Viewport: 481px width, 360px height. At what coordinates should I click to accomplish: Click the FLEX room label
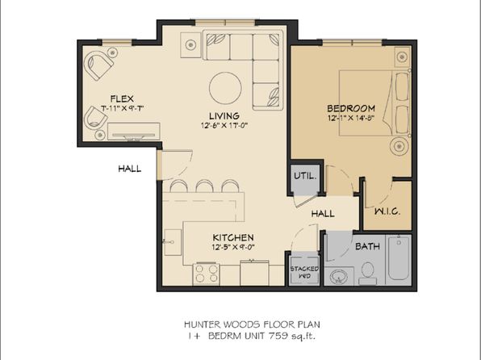pyautogui.click(x=123, y=97)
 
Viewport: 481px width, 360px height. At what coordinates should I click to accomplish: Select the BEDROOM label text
pyautogui.click(x=351, y=108)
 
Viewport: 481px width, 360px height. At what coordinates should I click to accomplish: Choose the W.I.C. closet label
pyautogui.click(x=387, y=211)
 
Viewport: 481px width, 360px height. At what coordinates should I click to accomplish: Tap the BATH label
pyautogui.click(x=367, y=245)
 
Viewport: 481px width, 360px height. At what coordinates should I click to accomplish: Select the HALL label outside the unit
pyautogui.click(x=128, y=169)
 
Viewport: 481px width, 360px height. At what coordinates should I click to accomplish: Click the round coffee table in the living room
pyautogui.click(x=225, y=86)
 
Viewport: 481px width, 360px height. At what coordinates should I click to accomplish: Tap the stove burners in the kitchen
pyautogui.click(x=205, y=275)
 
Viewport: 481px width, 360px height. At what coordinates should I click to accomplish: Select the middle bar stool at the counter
pyautogui.click(x=202, y=186)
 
